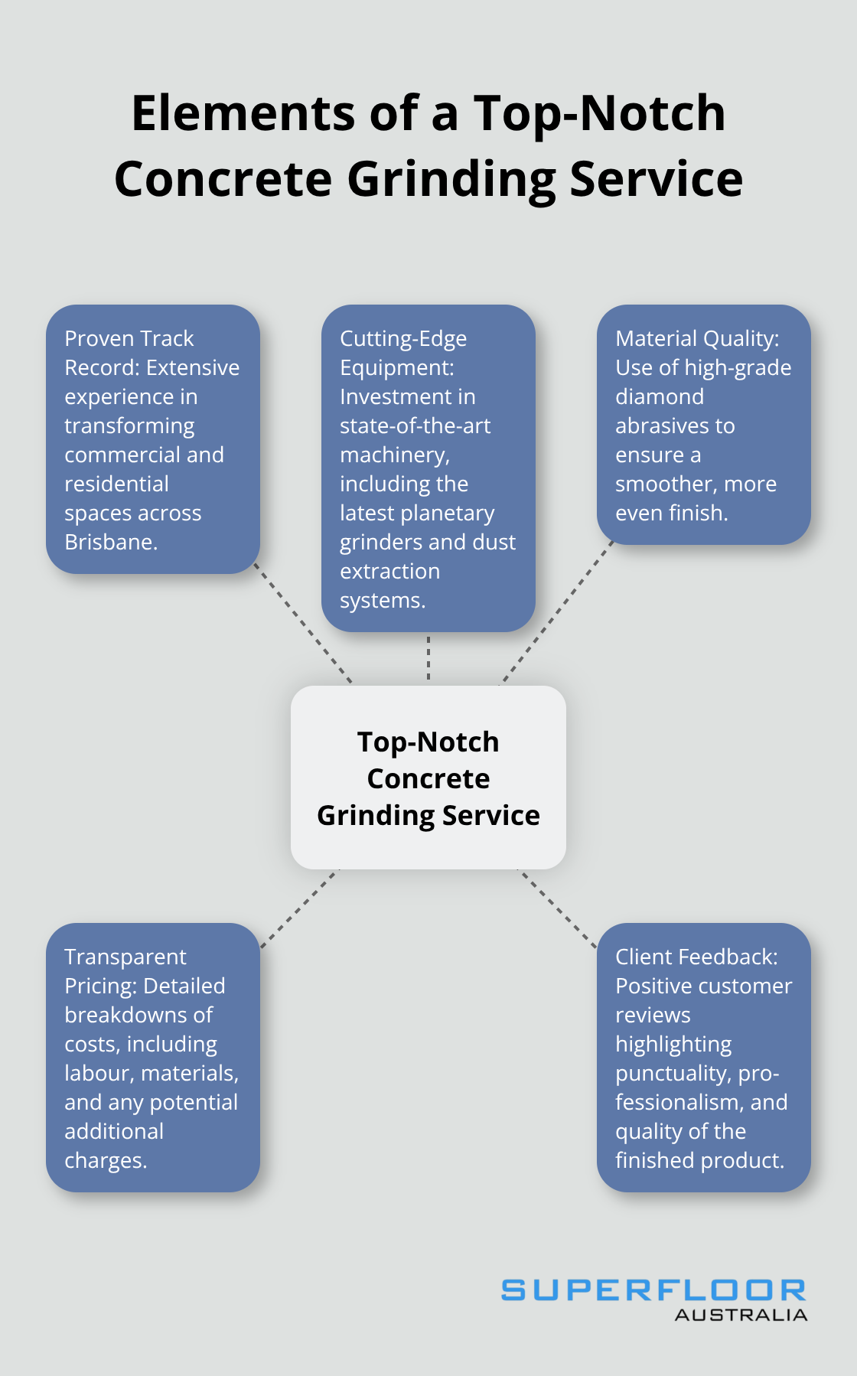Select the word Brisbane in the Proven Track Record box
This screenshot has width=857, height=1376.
(x=109, y=542)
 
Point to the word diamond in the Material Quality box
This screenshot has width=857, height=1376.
(x=659, y=396)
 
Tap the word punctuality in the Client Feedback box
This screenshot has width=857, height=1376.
(x=673, y=1073)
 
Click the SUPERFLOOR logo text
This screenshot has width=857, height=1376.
(x=653, y=1290)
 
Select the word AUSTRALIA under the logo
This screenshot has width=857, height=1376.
(x=740, y=1315)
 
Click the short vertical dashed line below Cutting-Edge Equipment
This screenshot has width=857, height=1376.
(x=428, y=658)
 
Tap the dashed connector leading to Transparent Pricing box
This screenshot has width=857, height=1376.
(x=298, y=908)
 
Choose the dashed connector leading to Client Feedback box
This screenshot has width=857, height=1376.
(x=558, y=908)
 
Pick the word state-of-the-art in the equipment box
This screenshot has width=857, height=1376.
(x=415, y=426)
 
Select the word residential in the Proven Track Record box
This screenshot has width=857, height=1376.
(x=116, y=484)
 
